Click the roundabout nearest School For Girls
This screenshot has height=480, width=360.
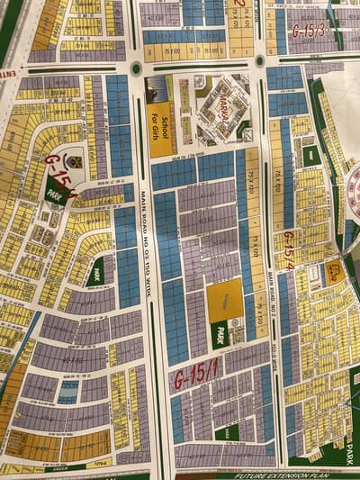(x=136, y=68)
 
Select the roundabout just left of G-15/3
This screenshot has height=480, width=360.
(x=260, y=61)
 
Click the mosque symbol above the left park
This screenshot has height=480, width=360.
(x=75, y=162)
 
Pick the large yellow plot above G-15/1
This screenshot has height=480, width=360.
(x=223, y=300)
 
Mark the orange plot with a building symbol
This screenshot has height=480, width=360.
(x=334, y=271)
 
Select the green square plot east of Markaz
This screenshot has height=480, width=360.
(x=311, y=156)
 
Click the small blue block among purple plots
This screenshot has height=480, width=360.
(x=67, y=391)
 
